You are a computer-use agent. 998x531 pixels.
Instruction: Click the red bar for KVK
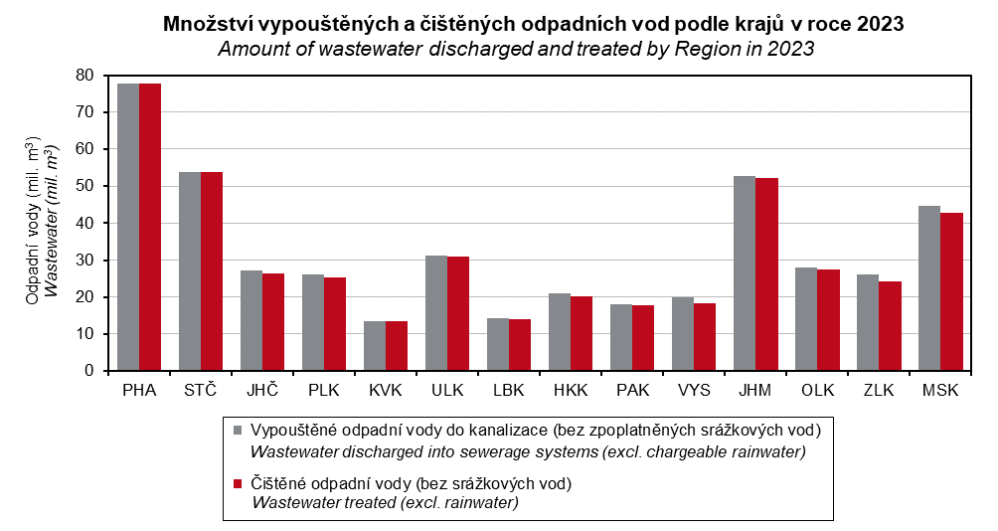(x=397, y=346)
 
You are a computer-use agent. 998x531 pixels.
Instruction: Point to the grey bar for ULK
(x=436, y=313)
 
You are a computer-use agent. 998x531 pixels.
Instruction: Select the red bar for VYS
(x=705, y=337)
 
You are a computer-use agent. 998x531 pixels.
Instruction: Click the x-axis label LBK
(x=509, y=391)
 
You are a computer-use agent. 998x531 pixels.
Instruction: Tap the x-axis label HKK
(x=571, y=391)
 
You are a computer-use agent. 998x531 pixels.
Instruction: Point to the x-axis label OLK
(x=817, y=391)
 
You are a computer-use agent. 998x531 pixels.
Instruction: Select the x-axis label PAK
(x=632, y=391)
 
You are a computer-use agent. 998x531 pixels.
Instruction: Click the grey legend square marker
(x=237, y=431)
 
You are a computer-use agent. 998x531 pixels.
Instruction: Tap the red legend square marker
(x=237, y=484)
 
